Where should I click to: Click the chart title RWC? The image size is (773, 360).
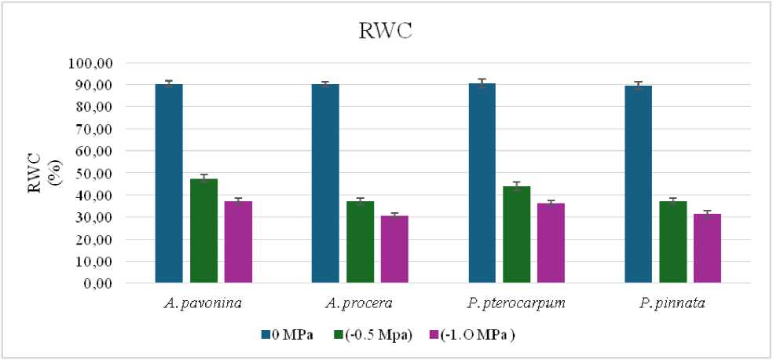(x=384, y=31)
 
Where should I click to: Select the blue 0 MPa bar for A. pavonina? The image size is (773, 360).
(x=169, y=183)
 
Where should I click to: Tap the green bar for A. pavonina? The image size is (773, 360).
(x=203, y=231)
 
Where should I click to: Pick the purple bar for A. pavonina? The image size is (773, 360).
(x=238, y=242)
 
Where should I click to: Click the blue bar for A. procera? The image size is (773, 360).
(x=325, y=183)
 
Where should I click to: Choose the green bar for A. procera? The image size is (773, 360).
(x=360, y=242)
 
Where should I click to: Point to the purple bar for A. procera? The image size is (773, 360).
(x=394, y=249)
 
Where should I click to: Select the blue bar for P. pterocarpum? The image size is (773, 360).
(x=482, y=183)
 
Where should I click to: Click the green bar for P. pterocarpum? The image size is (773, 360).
(x=517, y=235)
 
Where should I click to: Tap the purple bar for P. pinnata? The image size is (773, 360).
(x=707, y=248)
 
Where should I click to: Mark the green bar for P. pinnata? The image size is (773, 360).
(x=673, y=242)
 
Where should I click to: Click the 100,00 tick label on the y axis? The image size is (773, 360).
(x=93, y=63)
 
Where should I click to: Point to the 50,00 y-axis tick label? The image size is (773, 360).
(x=97, y=173)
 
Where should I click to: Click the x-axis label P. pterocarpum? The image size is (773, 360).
(x=516, y=303)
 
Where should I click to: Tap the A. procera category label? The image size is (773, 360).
(x=360, y=303)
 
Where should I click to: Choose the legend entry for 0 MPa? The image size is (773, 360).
(x=287, y=335)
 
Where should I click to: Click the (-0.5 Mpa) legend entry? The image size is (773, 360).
(x=372, y=335)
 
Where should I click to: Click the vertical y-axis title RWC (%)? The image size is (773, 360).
(x=46, y=172)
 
